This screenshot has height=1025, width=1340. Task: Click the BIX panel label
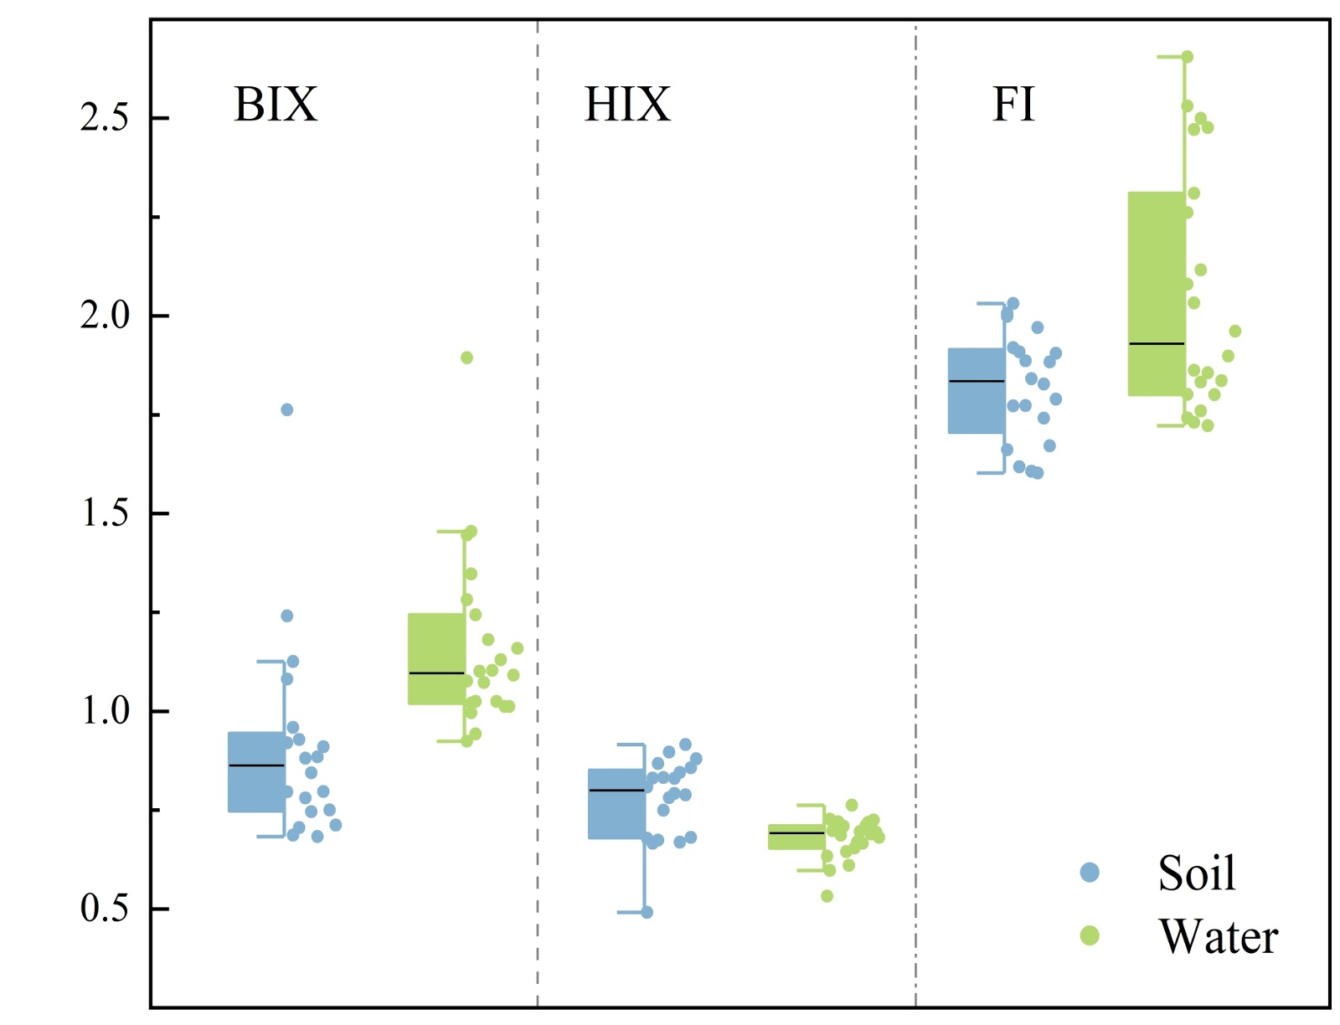coord(276,106)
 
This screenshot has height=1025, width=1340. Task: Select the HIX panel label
coord(627,106)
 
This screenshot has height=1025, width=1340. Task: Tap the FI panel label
coord(1013,106)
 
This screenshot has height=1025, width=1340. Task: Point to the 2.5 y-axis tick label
coord(105,118)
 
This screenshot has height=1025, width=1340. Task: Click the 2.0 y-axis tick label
coord(105,316)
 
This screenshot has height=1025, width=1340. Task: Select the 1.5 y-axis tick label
coord(105,513)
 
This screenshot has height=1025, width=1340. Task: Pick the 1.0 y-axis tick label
coord(105,711)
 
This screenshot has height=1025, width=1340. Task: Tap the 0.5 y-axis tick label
coord(105,909)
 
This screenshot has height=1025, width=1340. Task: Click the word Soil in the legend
coord(1197,873)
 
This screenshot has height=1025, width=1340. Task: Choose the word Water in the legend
coord(1219,936)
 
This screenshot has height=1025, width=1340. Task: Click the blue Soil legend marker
coord(1090,873)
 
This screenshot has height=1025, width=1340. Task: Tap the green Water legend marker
coord(1090,935)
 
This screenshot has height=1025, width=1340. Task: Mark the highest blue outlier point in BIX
coord(286,409)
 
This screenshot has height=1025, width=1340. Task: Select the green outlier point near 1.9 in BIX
coord(466,358)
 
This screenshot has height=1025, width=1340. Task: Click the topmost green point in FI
coord(1187,57)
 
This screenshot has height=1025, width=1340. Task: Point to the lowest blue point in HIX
coord(647,912)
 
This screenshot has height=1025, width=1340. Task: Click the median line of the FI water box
coord(1157,343)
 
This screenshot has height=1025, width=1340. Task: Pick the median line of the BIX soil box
coord(256,765)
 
